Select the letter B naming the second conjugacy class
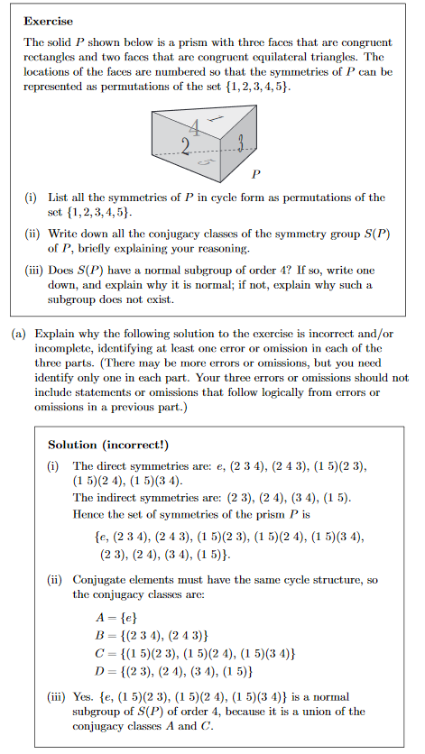tap(100, 634)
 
